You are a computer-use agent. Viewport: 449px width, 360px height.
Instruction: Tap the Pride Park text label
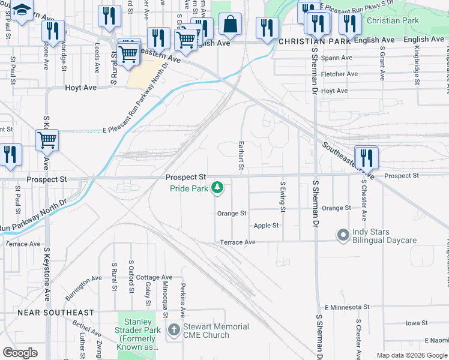[x=188, y=188]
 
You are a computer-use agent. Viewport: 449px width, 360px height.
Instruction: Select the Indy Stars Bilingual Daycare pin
[x=343, y=235]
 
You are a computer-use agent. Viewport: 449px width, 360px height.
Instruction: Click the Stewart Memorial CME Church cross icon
[x=174, y=330]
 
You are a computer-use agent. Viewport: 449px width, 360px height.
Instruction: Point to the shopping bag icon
[x=231, y=25]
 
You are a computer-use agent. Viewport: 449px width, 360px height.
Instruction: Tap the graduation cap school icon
[x=22, y=10]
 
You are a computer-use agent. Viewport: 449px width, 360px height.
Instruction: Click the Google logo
[x=20, y=353]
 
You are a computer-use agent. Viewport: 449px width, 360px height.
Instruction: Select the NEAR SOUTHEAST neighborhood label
[x=56, y=313]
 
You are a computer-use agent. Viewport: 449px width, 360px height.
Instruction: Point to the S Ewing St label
[x=282, y=196]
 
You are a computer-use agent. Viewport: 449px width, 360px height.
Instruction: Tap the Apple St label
[x=266, y=226]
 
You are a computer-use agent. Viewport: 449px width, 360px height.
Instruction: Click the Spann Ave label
[x=337, y=58]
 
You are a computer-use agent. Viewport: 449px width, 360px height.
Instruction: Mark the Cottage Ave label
[x=155, y=277]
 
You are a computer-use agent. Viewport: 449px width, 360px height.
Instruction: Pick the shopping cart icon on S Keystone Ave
[x=46, y=140]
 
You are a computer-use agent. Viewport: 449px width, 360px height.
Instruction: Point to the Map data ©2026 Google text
[x=412, y=355]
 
